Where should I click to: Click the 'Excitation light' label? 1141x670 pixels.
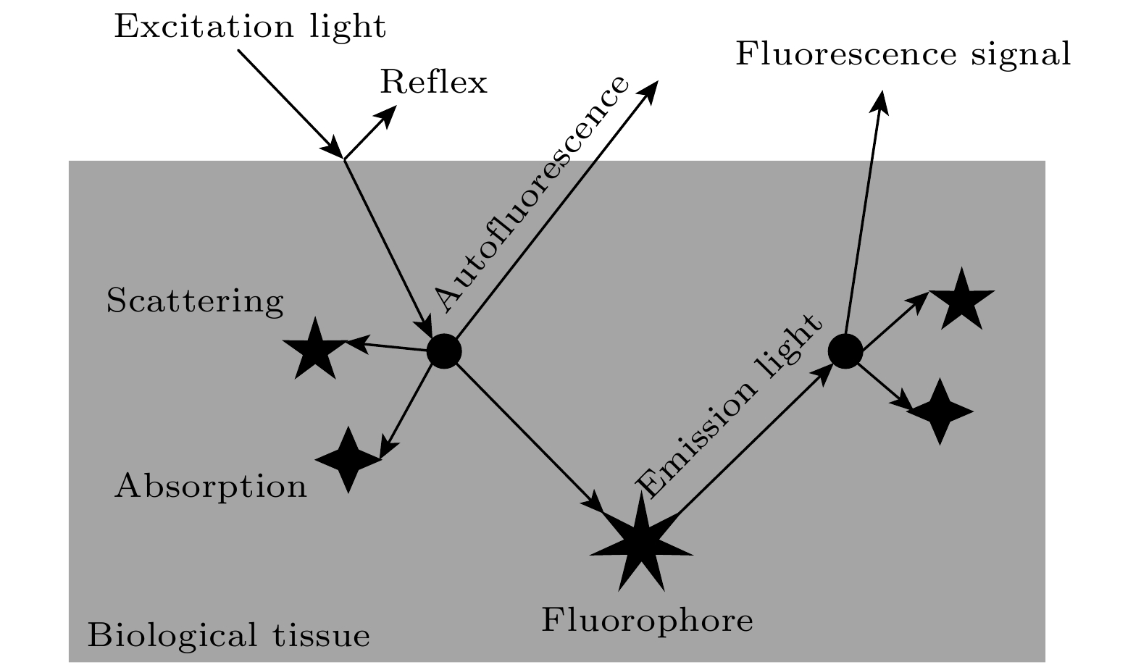[250, 28]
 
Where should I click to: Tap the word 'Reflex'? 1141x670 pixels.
[433, 83]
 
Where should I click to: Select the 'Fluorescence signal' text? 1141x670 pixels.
[903, 54]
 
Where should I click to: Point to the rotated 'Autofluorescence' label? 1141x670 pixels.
[531, 193]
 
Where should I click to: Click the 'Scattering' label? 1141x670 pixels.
[194, 301]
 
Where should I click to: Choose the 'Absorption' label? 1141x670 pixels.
[211, 486]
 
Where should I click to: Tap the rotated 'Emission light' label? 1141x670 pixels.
[730, 406]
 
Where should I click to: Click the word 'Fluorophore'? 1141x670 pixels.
[648, 621]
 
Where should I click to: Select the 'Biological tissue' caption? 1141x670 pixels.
[228, 636]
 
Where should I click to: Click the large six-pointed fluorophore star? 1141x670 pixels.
[640, 543]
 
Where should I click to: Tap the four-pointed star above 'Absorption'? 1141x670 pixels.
[348, 460]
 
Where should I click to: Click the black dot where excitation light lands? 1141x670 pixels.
[444, 351]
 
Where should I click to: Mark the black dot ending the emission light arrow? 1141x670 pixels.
[845, 351]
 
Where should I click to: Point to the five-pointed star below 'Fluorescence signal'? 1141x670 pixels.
[961, 298]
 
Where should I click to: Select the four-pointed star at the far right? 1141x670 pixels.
[940, 411]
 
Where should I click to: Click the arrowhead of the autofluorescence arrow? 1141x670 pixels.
[648, 90]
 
